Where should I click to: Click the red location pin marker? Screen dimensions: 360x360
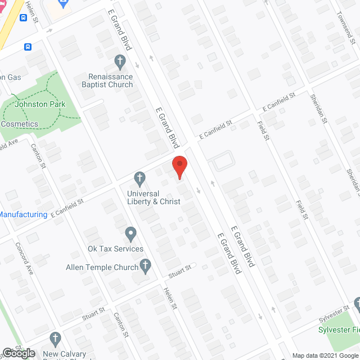coord(179,167)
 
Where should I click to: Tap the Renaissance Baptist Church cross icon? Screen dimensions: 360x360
coord(119,60)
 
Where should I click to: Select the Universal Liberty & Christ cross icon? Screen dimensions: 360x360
coord(139,179)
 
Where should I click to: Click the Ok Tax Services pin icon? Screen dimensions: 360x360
coord(131,233)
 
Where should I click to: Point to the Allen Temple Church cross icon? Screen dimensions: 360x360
coord(146,267)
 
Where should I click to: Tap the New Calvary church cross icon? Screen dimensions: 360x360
coord(55,339)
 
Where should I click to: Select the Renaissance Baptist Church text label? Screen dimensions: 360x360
coord(110,80)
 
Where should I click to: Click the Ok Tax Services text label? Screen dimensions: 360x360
coord(115,249)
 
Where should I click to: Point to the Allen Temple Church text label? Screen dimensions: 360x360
coord(102,267)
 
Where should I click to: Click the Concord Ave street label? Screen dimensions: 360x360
coord(26,258)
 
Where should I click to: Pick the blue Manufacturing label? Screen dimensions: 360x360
coord(23,214)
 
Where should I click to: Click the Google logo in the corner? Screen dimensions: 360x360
coord(18,353)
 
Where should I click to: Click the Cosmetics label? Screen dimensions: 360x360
coord(19,124)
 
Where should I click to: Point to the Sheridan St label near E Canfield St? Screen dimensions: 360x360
coord(318,109)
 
